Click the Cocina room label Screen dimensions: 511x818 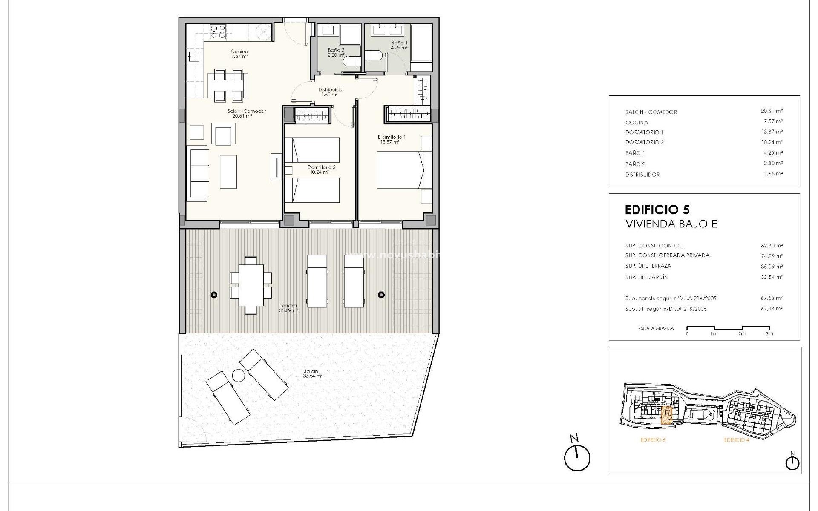point(239,54)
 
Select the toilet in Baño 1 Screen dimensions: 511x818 point(372,56)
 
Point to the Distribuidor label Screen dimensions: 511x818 point(331,92)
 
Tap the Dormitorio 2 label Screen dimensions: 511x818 point(321,169)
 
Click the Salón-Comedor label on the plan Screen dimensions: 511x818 point(246,113)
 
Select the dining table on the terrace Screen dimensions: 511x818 point(251,285)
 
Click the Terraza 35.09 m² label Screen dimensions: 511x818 point(288,308)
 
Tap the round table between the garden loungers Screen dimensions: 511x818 point(238,376)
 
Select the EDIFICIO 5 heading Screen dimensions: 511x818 point(657,210)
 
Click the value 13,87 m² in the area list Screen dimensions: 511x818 point(772,132)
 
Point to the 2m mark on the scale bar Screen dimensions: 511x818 point(742,333)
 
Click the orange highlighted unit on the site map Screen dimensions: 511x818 point(667,415)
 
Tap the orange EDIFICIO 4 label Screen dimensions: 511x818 point(736,440)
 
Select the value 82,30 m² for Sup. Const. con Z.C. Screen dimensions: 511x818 point(772,246)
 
